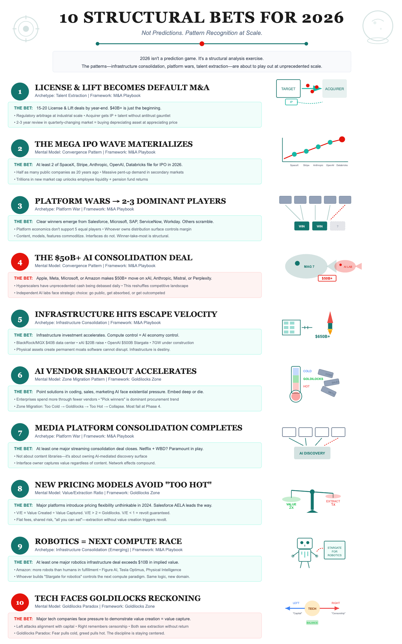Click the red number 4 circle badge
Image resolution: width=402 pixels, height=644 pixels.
[20, 262]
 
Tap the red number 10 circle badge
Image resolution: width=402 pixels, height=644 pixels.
[20, 603]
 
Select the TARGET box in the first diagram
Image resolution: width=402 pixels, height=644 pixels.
[288, 89]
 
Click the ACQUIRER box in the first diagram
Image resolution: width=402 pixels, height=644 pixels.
[334, 89]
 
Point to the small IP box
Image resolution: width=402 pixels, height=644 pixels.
[291, 102]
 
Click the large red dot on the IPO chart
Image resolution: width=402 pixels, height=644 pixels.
[342, 139]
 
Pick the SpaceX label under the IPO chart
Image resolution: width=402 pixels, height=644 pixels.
[294, 165]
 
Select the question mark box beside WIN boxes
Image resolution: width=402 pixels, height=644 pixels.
[337, 226]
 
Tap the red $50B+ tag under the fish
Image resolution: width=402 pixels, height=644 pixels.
[327, 278]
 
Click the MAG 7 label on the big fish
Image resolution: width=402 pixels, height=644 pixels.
[309, 267]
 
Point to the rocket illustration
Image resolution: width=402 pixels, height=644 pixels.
[330, 322]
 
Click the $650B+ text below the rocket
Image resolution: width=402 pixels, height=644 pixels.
[322, 337]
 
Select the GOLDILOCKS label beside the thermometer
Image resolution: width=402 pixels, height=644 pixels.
[313, 379]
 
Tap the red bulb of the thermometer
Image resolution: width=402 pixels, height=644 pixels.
[296, 396]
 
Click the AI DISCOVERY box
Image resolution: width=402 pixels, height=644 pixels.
[312, 453]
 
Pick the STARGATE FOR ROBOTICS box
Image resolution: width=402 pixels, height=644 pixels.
[334, 551]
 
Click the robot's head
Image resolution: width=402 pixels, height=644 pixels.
[305, 543]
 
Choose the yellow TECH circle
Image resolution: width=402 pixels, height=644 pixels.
[312, 609]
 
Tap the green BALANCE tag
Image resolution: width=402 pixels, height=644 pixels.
[312, 623]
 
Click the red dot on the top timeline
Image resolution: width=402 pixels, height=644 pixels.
[202, 44]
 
